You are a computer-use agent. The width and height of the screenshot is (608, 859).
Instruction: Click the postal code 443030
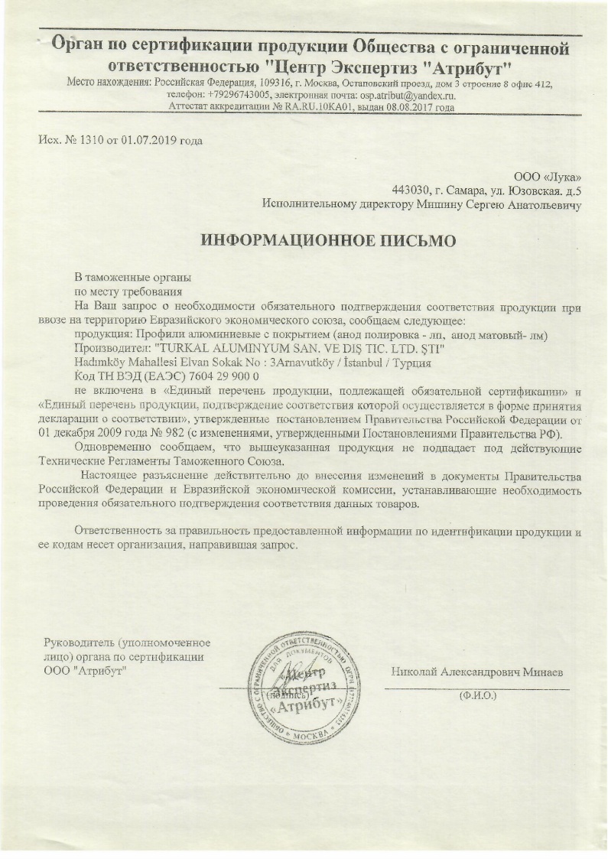click(x=408, y=190)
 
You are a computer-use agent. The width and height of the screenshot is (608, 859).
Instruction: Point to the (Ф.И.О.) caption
click(x=477, y=697)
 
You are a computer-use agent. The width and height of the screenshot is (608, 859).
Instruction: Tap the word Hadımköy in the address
click(x=104, y=362)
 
